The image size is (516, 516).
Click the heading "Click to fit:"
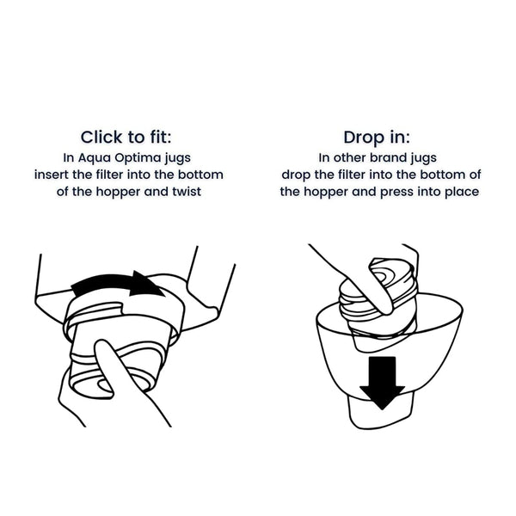click(126, 137)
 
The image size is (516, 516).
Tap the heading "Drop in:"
click(377, 137)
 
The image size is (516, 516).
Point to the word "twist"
click(187, 192)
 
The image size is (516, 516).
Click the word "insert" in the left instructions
click(52, 175)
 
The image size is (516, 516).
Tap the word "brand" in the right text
click(389, 157)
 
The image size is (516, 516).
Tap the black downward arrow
click(382, 383)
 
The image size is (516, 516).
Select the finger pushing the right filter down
click(369, 290)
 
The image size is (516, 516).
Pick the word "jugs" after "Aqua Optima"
click(178, 158)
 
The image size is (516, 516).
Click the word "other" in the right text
click(350, 157)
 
